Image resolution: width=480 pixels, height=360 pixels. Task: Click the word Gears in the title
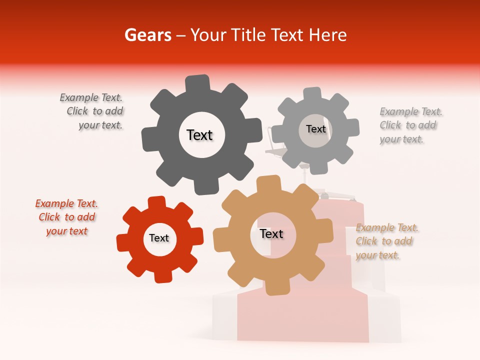coord(146,35)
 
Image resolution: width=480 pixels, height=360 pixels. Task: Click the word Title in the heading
coord(247,35)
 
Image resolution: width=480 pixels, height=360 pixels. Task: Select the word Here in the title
coord(327,35)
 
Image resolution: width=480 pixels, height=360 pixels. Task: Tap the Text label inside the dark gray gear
coord(199,135)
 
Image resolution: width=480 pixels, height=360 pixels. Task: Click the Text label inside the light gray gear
coord(315,129)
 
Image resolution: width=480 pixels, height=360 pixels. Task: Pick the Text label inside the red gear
coord(159,238)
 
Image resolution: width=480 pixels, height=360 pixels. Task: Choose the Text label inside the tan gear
coord(271,234)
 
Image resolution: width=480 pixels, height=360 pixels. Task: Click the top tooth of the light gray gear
coord(312,94)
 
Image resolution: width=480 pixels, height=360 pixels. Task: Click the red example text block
coord(67,217)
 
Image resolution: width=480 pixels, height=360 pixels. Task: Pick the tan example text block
coord(385,241)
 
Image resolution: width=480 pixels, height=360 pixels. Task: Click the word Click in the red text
coord(49,217)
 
